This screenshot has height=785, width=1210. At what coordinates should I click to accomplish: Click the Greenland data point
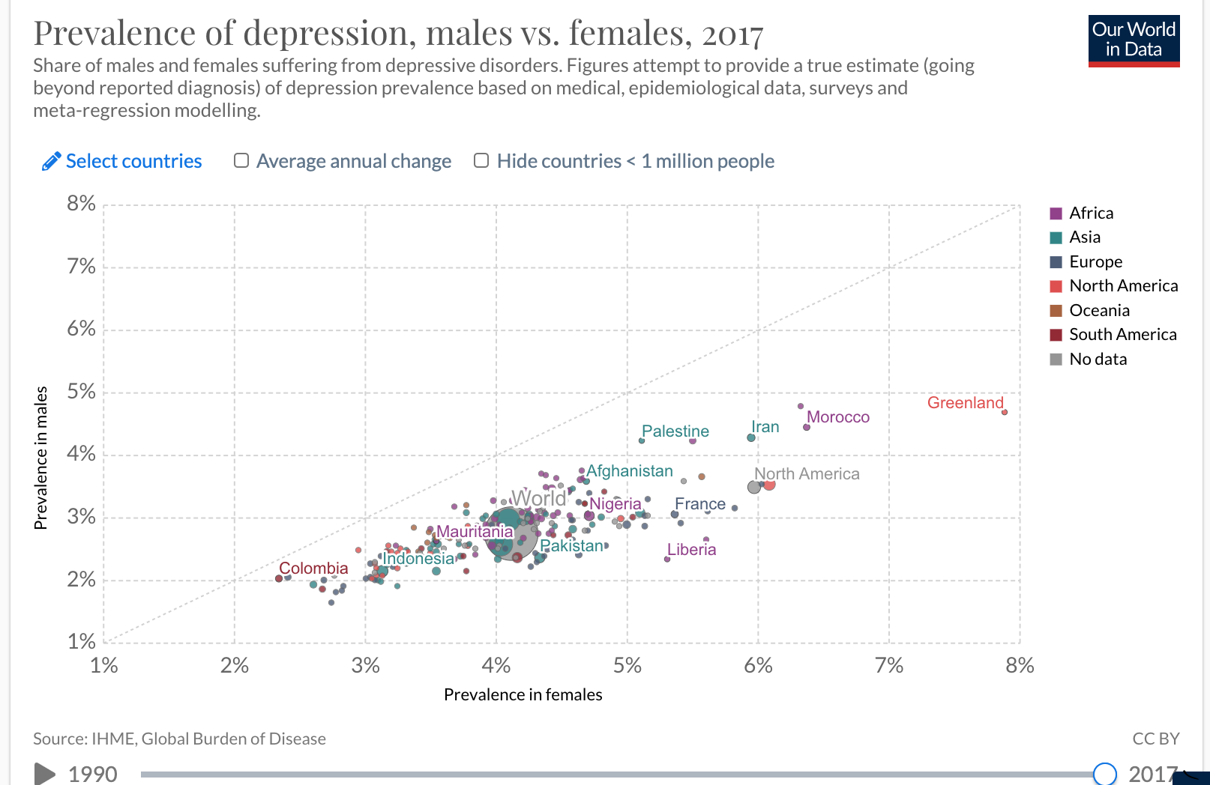1005,412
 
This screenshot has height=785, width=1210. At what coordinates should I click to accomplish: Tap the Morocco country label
837,417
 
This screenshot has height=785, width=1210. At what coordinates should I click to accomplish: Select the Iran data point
751,437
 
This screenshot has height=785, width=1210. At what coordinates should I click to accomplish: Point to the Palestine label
675,431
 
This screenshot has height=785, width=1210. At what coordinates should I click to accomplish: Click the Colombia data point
279,578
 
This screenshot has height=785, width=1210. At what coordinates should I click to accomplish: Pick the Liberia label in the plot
691,550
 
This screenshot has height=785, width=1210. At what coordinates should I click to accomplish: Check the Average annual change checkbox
241,161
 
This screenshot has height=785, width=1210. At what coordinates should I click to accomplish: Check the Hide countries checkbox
481,161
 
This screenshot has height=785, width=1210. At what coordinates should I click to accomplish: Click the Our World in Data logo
1134,40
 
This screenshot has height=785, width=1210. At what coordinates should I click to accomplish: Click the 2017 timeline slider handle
1104,774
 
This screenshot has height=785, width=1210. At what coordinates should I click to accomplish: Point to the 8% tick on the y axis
81,204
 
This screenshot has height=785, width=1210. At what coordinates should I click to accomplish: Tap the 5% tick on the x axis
627,665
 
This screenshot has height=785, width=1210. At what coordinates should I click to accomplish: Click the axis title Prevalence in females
523,695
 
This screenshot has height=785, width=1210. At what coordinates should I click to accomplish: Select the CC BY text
1155,739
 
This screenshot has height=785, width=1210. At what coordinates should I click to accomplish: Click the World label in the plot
538,498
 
